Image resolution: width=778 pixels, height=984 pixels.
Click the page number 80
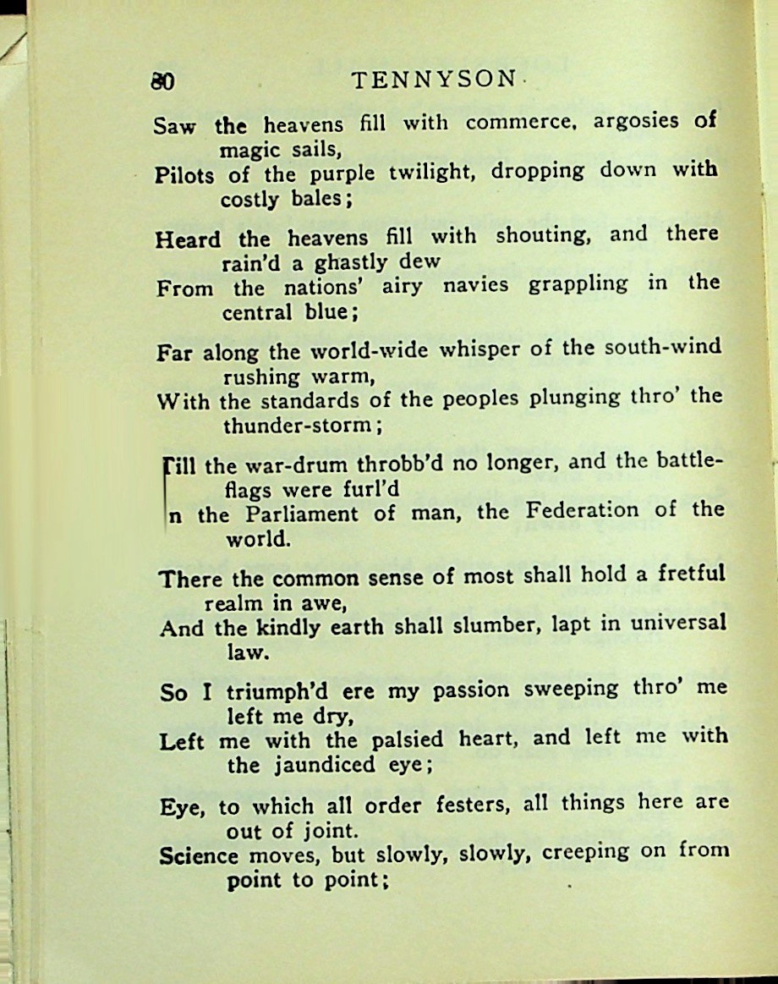point(162,81)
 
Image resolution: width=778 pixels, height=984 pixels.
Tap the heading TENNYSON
point(433,80)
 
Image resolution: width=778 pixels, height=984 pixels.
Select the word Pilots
point(185,175)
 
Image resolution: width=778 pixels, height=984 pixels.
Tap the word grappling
point(578,284)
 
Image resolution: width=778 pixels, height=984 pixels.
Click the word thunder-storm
point(299,426)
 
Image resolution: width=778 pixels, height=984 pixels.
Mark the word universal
point(672,624)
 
